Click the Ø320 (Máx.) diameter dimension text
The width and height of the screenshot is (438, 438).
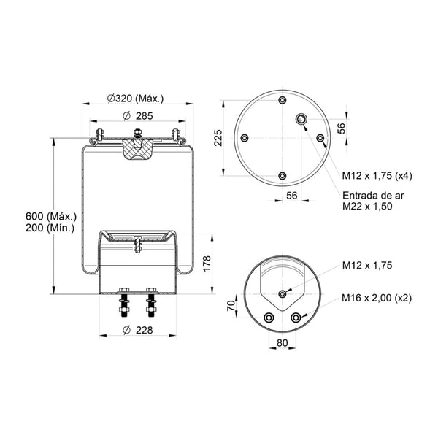coord(136,99)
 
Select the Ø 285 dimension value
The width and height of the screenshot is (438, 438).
coord(138,116)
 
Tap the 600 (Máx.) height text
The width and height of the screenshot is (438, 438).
coord(51,216)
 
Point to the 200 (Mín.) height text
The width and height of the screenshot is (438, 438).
coord(50,228)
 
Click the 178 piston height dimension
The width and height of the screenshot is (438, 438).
coord(207,263)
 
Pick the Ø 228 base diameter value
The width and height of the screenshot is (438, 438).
coord(138,330)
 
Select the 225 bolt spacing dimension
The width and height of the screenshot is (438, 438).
coord(218,138)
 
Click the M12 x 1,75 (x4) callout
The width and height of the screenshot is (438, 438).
coord(377,176)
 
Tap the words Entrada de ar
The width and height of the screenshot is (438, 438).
coord(373,195)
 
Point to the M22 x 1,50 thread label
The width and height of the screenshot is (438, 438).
coord(367,207)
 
